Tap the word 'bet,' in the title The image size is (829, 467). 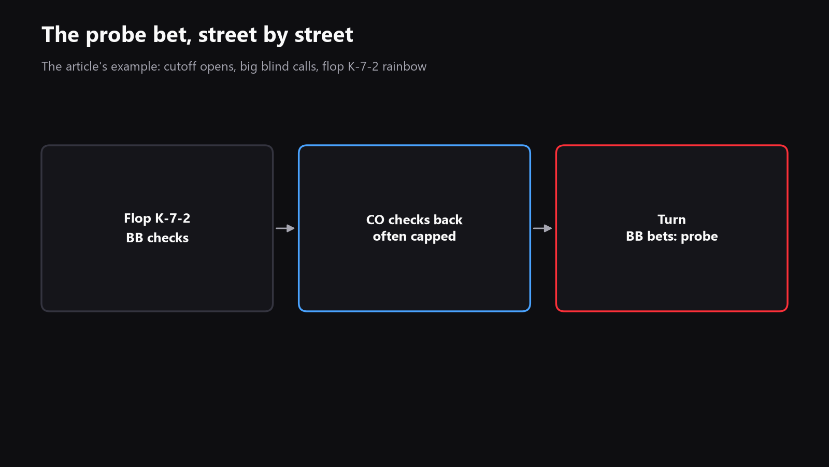172,35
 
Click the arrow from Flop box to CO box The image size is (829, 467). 285,228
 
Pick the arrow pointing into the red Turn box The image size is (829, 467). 542,228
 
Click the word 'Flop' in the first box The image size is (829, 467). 138,218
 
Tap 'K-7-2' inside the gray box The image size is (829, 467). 173,218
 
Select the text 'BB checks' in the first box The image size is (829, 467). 158,238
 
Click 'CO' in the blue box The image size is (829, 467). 375,220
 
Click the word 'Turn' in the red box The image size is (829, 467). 671,220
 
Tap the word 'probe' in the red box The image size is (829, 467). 699,237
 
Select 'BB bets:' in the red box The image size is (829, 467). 651,236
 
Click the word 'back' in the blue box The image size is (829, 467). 448,220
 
